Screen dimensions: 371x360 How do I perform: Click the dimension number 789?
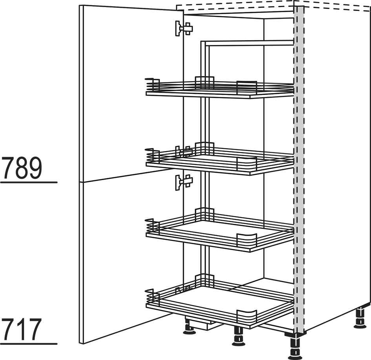[22, 168]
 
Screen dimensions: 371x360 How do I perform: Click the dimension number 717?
[21, 329]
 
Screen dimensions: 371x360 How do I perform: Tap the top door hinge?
[184, 29]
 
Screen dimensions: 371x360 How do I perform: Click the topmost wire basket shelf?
[220, 88]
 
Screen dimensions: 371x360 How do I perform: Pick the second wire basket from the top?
[220, 159]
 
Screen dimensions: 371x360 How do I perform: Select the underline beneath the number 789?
[29, 183]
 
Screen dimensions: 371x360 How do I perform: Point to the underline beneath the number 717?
[29, 344]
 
